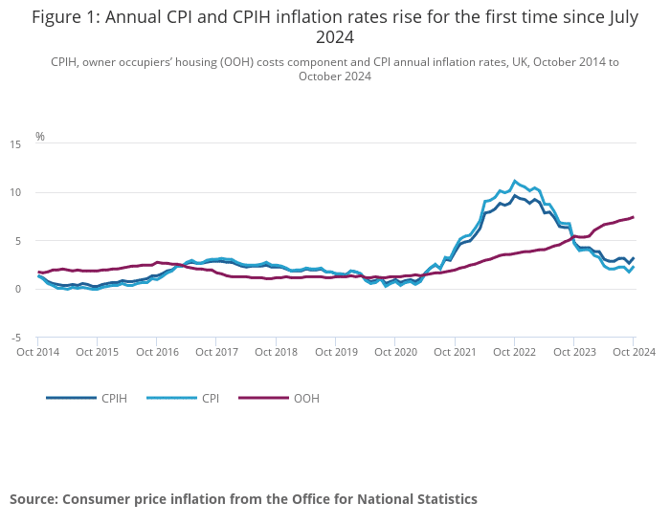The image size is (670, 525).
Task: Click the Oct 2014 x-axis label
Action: coord(38,352)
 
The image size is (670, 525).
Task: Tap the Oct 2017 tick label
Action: coord(216,352)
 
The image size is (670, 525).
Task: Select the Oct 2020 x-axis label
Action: coord(395,352)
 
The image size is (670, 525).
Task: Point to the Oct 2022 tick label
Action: coord(514,352)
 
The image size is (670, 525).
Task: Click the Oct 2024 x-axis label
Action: coord(634,352)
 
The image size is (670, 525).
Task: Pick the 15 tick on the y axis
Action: coord(14,144)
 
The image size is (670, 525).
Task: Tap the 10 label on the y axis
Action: coord(14,192)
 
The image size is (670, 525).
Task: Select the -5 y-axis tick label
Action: coord(15,338)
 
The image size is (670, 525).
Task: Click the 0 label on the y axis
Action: coord(17,289)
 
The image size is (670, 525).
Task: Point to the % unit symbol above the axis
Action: coord(40,136)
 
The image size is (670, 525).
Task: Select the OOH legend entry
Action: coord(306,398)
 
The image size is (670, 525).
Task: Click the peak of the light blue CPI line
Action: coord(515,181)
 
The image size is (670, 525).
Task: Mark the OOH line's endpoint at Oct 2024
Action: coord(634,217)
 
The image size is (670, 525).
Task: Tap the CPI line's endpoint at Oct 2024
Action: coord(634,267)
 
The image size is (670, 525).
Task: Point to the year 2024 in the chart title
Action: coord(335,37)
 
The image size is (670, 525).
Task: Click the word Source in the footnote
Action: coord(33,499)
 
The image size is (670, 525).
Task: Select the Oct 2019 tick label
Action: coord(336,352)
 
